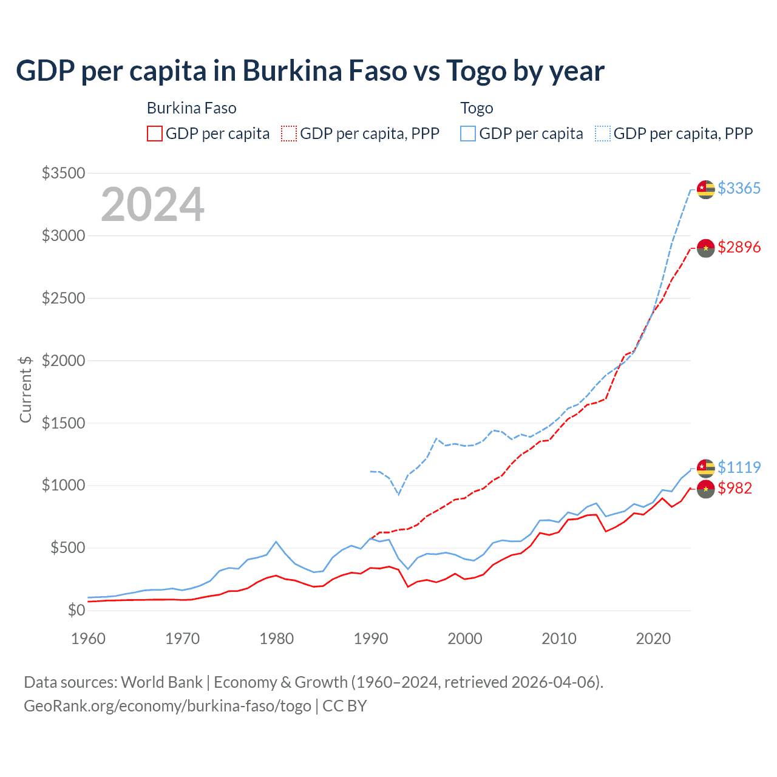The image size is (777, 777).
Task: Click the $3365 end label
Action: [x=739, y=188]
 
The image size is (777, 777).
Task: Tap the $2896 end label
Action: [x=739, y=247]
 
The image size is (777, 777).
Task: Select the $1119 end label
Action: [x=739, y=467]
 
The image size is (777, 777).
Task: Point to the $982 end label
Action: [x=735, y=488]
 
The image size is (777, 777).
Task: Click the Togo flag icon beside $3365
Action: [x=705, y=189]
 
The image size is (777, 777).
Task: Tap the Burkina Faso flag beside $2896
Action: [x=705, y=248]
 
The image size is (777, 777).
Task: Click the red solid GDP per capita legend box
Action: [x=155, y=134]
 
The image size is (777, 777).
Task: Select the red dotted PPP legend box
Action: [x=290, y=134]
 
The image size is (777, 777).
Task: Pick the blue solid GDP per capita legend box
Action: [x=468, y=134]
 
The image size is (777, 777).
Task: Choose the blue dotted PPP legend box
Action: [x=603, y=134]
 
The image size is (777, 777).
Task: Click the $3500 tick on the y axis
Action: [x=63, y=173]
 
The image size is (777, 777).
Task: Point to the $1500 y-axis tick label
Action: [x=63, y=423]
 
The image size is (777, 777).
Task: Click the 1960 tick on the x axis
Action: [x=89, y=639]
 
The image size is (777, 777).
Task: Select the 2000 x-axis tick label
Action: [x=465, y=639]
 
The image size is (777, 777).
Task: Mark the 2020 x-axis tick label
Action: [x=653, y=639]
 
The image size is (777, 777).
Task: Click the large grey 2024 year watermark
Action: [x=153, y=205]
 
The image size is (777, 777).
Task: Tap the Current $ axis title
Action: [x=25, y=389]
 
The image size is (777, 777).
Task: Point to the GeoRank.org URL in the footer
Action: [x=168, y=706]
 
